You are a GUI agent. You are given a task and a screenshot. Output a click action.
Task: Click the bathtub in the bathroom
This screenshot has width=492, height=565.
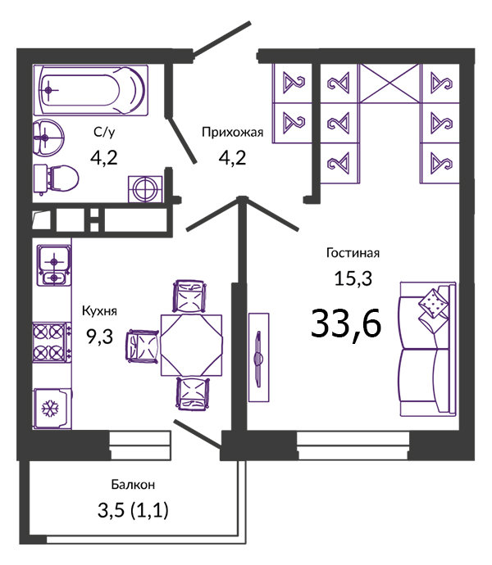[90, 90]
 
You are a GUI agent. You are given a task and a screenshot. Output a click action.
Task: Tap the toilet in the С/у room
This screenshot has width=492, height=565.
[56, 179]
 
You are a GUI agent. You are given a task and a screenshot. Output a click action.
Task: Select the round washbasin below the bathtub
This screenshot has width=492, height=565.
[48, 138]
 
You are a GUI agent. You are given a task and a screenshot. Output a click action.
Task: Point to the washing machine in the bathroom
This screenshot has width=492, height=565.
[145, 189]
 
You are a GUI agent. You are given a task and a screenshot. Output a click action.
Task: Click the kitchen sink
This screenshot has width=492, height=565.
[54, 265]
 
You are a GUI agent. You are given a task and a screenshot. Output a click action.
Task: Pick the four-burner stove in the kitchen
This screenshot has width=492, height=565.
[51, 342]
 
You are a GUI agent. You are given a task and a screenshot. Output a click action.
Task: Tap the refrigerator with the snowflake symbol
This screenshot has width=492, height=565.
[52, 409]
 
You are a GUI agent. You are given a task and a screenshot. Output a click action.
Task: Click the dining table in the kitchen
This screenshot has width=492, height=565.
[191, 346]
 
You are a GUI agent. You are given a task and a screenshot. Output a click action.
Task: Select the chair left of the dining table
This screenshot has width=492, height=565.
[142, 346]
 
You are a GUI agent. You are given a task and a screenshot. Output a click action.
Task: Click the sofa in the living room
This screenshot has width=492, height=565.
[427, 349]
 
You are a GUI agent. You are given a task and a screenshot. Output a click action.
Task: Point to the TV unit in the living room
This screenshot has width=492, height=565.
[258, 358]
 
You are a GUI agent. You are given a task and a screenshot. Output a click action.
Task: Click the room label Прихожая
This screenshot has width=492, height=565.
[232, 133]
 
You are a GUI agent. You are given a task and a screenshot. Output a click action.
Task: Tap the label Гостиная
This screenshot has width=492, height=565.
[353, 253]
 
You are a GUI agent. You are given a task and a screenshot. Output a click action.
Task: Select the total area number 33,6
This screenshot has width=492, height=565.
[346, 323]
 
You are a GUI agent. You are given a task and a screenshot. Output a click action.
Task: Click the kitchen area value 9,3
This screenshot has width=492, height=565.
[99, 337]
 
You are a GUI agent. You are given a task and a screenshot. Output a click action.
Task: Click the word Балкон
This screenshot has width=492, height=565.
[133, 485]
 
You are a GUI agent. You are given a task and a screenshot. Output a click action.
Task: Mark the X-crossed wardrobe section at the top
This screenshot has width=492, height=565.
[390, 84]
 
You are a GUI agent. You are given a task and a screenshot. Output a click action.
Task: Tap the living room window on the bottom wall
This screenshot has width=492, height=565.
[353, 445]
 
